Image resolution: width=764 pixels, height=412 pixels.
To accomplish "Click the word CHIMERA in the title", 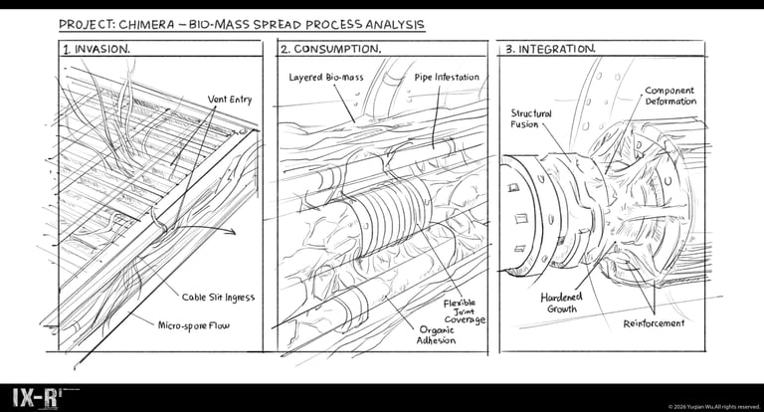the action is tap(146, 24).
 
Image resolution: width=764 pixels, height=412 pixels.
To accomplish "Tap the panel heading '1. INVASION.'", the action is tap(96, 49).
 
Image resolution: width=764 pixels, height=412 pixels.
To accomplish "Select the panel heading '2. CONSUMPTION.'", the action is tap(330, 49).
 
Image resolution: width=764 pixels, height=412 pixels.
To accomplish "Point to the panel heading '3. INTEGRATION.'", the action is tap(549, 49).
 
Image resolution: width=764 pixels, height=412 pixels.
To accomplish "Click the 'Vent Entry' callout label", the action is tap(230, 100).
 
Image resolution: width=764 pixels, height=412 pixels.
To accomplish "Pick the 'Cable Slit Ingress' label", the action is tap(218, 298).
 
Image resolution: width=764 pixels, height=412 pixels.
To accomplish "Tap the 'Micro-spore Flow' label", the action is tap(193, 325).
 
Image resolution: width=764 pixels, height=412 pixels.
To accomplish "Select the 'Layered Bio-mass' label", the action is tap(326, 78).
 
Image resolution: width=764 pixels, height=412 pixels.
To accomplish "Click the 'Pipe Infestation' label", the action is tap(447, 77).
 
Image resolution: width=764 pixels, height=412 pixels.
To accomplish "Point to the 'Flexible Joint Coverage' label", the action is tap(464, 311).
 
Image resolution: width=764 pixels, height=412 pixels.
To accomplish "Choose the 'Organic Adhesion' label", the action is tap(436, 335).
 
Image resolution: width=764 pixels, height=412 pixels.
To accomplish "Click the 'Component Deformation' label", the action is tap(670, 97).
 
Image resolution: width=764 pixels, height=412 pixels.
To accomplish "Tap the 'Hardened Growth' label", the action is tap(561, 303).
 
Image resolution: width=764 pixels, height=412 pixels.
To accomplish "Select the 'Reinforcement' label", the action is tap(654, 323).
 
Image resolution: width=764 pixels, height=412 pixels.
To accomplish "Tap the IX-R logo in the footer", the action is tap(35, 398).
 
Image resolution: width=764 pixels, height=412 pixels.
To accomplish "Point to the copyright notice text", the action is tap(714, 407).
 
